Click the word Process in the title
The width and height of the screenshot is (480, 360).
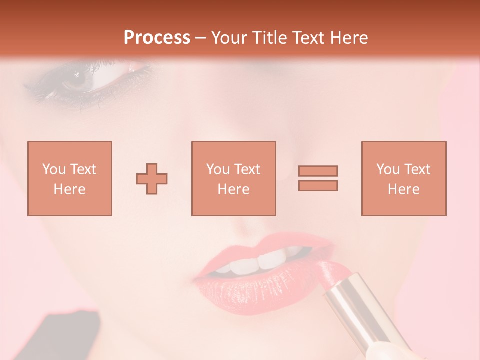[x=157, y=37]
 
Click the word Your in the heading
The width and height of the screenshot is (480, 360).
[x=230, y=37]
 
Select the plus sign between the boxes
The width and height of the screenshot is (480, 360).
[x=152, y=178]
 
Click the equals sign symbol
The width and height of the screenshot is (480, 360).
[x=318, y=178]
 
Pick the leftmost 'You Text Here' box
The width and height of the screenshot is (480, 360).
[x=69, y=178]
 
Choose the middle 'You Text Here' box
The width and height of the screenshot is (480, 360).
[x=233, y=178]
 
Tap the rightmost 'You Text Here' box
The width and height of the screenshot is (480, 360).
[x=403, y=178]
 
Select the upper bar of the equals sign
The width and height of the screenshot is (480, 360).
[x=318, y=171]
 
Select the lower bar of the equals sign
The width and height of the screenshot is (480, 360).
[x=318, y=186]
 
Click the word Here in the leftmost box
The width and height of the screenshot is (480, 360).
[x=69, y=189]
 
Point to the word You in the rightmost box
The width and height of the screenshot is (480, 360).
[x=388, y=169]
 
